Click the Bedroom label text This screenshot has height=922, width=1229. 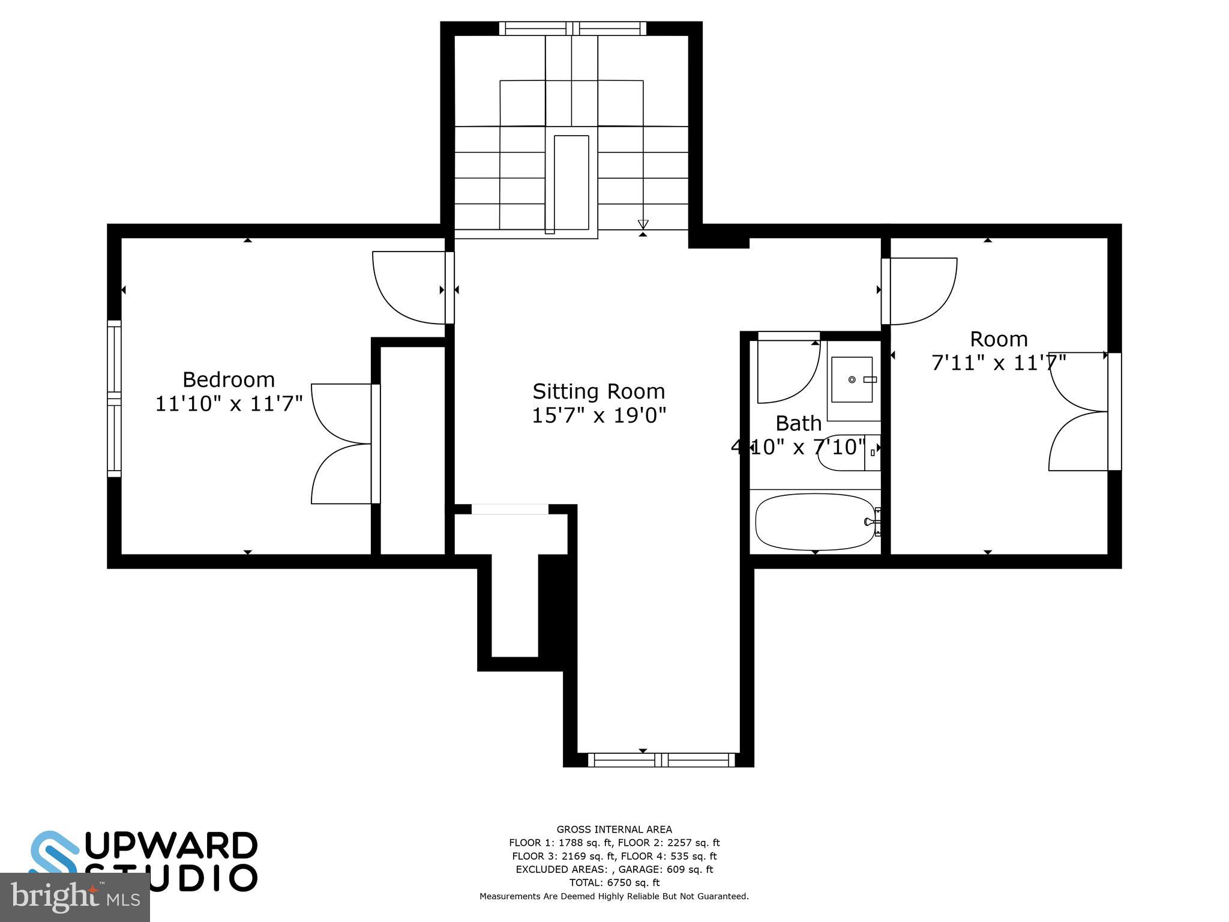coord(228,380)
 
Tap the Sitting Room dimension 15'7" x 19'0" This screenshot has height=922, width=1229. coord(599,415)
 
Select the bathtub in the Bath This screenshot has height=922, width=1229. coord(814,522)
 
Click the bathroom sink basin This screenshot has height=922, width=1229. coord(852,380)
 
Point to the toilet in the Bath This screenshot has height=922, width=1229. coord(846,453)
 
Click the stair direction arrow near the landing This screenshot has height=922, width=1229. coord(643,225)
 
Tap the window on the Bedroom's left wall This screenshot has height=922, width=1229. coord(114,399)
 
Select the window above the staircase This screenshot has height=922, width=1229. coord(572,28)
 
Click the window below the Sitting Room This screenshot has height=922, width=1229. coord(661,760)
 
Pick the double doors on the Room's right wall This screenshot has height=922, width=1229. coord(1079,412)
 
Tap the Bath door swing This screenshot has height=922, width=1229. coord(787,371)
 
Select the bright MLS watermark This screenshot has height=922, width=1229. coord(74,898)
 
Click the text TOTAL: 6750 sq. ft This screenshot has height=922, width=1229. coord(614,882)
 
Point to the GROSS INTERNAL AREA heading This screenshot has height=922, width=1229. coord(614,830)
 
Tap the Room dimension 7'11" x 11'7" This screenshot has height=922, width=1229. coord(998,363)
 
